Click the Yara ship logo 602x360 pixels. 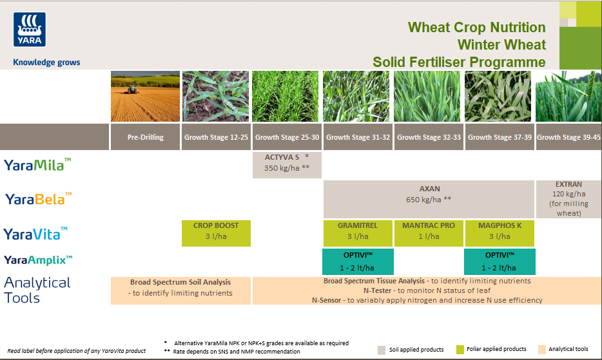tap(30, 30)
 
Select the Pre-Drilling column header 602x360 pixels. tap(145, 137)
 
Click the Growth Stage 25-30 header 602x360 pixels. tap(287, 137)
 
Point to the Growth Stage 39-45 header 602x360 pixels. tap(568, 137)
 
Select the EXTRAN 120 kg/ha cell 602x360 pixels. tap(568, 198)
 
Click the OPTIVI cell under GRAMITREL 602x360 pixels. tap(357, 261)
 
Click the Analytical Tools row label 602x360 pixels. tap(37, 290)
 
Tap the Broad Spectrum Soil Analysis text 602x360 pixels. tap(180, 282)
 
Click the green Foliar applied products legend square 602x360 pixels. tap(460, 349)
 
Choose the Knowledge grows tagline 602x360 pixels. tap(46, 62)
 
